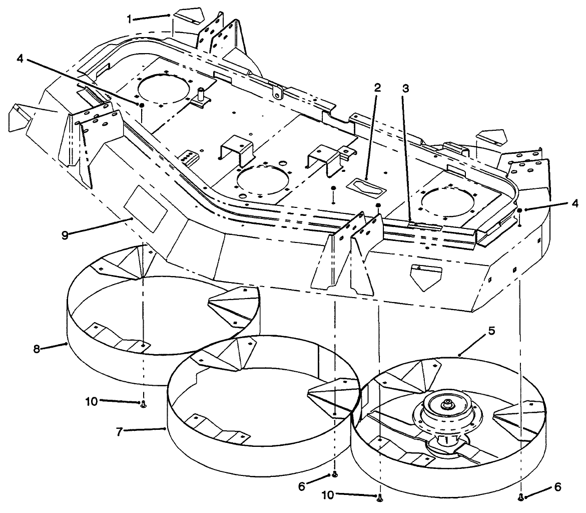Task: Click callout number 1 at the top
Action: (129, 19)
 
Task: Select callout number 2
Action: (377, 88)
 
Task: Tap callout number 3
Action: (405, 89)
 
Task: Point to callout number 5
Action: (491, 331)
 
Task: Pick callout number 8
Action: (36, 349)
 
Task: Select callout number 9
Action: (65, 236)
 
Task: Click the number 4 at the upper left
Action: (20, 59)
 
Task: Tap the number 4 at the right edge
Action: (575, 203)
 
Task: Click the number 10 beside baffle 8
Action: (91, 401)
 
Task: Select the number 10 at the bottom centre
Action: (328, 495)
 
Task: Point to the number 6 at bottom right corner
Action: (557, 487)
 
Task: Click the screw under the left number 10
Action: (144, 404)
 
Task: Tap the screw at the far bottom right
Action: (521, 496)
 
